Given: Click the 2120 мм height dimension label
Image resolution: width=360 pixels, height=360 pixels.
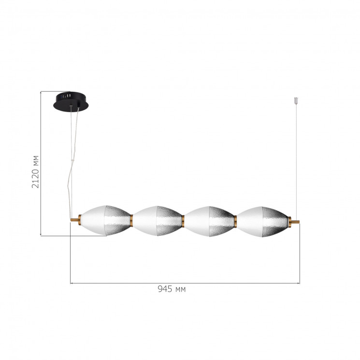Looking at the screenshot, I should click(35, 171).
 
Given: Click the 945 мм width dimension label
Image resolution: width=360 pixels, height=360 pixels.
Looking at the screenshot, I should click(171, 289).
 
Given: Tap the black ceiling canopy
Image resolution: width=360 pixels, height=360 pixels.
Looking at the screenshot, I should click(70, 100).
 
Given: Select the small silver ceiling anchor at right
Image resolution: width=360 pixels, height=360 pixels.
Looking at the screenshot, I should click(296, 102).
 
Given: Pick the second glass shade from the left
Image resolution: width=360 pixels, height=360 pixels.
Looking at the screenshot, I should click(157, 221).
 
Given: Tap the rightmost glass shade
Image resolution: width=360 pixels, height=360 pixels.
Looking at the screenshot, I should click(261, 221).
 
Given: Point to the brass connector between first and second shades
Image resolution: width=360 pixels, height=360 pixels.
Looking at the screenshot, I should click(131, 221).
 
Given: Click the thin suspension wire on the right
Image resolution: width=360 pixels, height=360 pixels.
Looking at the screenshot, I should click(296, 159).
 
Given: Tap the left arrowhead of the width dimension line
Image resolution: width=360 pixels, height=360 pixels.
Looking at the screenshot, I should click(72, 283).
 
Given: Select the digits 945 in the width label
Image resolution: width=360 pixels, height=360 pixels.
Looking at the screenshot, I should click(164, 289).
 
